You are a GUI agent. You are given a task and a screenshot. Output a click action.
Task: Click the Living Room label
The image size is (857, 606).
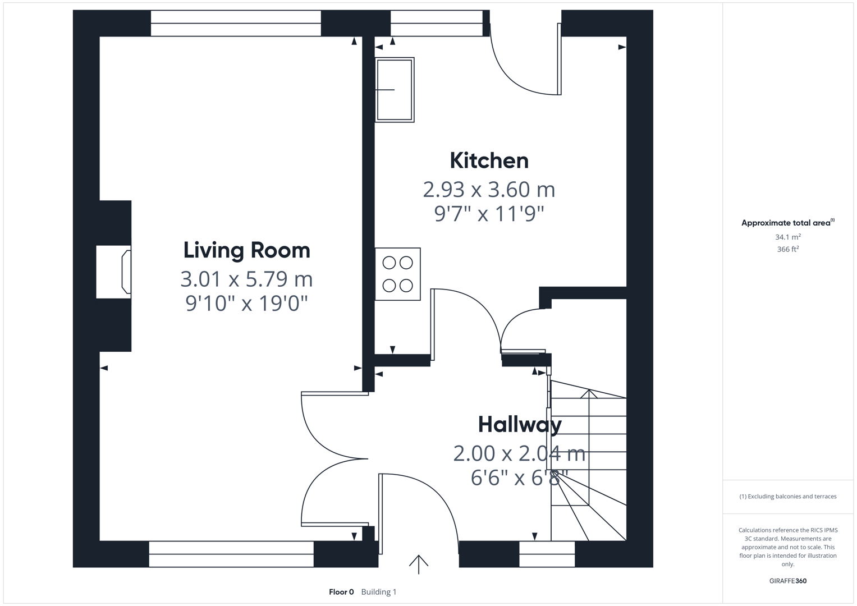[246, 250]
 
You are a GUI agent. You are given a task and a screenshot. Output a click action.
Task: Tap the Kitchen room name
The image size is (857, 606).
[489, 161]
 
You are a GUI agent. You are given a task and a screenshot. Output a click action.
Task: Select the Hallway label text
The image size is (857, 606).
[519, 425]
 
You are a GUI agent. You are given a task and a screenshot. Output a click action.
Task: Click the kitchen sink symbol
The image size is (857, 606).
[395, 90]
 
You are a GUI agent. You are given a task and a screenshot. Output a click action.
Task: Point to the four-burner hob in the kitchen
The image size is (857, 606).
[397, 274]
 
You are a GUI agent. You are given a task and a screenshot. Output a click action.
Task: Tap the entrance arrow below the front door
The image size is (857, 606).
[418, 563]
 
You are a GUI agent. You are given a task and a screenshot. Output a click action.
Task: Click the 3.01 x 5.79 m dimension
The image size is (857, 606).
[246, 279]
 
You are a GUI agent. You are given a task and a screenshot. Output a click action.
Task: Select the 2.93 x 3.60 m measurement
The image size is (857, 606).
[489, 190]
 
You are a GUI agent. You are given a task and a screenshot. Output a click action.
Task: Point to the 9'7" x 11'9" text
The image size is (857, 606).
[489, 214]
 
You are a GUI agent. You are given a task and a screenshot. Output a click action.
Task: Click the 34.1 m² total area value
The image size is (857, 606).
[787, 237]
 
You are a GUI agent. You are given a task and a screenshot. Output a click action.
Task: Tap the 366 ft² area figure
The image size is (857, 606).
[787, 249]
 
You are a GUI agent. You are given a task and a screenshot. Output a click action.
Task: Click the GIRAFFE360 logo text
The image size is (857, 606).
[787, 581]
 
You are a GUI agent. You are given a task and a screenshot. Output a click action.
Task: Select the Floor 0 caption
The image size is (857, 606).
[341, 592]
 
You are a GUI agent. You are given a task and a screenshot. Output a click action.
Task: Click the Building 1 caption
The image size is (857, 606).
[379, 592]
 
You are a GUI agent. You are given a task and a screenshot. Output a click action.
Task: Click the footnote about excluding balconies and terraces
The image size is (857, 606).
[787, 497]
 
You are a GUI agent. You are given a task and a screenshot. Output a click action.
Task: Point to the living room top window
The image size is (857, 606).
[236, 23]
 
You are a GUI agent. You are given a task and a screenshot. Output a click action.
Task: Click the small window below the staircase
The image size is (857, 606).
[547, 554]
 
